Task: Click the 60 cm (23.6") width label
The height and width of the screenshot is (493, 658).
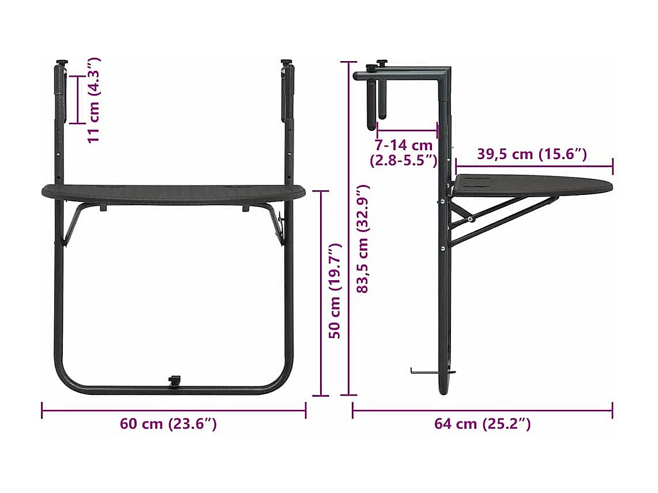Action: (x=168, y=424)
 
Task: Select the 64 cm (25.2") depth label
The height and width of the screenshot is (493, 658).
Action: (x=482, y=424)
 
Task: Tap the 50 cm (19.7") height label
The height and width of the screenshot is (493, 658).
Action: (x=336, y=291)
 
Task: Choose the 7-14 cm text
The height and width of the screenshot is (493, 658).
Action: (x=403, y=145)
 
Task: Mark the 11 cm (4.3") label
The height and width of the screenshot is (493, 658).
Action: (x=94, y=99)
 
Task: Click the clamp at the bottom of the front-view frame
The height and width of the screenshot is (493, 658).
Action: (x=174, y=381)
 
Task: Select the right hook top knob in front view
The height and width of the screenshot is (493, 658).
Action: (x=286, y=62)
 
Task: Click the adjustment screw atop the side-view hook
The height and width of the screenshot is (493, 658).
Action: (x=381, y=63)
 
